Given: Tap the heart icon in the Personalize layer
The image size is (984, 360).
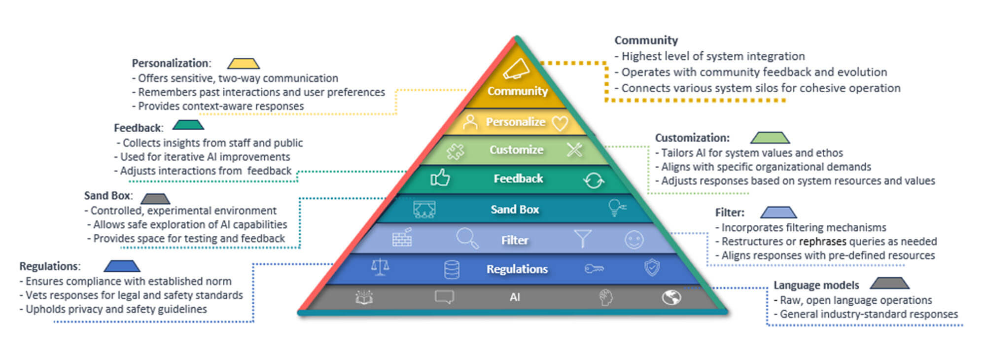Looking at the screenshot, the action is pyautogui.click(x=560, y=123).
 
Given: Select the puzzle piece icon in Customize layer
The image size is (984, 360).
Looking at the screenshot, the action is pyautogui.click(x=455, y=151).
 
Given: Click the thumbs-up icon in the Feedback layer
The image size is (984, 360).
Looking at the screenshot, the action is pyautogui.click(x=440, y=178).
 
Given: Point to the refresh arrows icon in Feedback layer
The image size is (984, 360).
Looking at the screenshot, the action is pyautogui.click(x=594, y=180).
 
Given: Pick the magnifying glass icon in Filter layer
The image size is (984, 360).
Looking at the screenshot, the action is pyautogui.click(x=467, y=238).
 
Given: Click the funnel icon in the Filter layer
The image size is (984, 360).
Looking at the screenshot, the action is pyautogui.click(x=583, y=238).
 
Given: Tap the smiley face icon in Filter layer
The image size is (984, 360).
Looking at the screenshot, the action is pyautogui.click(x=634, y=240).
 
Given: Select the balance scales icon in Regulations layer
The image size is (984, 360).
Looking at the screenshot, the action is pyautogui.click(x=380, y=267).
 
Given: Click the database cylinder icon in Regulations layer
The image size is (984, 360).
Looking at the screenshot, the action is pyautogui.click(x=452, y=270).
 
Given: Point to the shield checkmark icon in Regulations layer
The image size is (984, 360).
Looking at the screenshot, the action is pyautogui.click(x=652, y=267).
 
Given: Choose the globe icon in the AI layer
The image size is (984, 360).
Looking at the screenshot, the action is pyautogui.click(x=671, y=297).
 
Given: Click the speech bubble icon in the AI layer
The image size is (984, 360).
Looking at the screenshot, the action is pyautogui.click(x=444, y=297).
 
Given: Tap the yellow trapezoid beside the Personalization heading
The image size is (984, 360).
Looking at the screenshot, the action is pyautogui.click(x=243, y=63).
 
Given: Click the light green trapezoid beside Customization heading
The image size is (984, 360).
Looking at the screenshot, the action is pyautogui.click(x=770, y=138).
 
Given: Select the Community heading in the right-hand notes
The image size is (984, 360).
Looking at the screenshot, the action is pyautogui.click(x=646, y=40).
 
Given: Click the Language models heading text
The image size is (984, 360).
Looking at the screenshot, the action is pyautogui.click(x=816, y=285).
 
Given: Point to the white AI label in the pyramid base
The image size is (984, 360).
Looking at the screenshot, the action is pyautogui.click(x=515, y=297).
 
